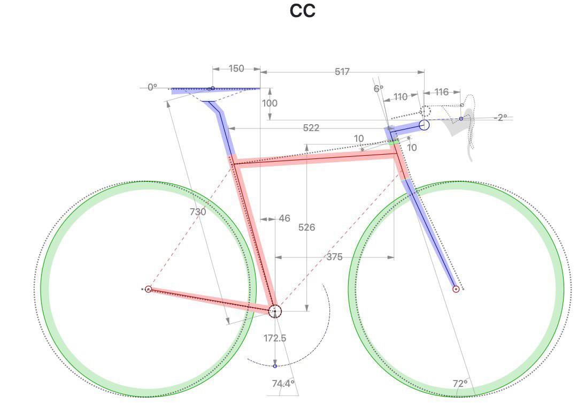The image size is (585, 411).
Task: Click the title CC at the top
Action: point(302,11)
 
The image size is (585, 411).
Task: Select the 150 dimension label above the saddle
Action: point(236,68)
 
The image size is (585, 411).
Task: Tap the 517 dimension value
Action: point(342,72)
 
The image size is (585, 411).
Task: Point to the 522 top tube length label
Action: point(311,128)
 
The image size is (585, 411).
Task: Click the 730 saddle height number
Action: point(198,212)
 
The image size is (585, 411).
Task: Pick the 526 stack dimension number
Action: point(307,227)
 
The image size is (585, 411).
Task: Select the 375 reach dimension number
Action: point(334,257)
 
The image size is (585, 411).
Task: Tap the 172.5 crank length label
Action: point(275,338)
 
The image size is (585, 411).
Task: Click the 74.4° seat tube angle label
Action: point(283,383)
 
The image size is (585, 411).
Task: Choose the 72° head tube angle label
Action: point(460,384)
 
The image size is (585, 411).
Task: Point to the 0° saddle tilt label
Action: point(152,87)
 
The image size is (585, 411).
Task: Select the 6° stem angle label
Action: point(378,89)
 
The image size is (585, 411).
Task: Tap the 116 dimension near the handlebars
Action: point(441,92)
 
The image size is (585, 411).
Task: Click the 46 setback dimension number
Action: point(284,218)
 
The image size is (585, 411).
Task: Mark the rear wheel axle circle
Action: point(149,289)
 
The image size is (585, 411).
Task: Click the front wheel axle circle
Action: point(456,289)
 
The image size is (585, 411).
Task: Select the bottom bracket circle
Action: point(275,311)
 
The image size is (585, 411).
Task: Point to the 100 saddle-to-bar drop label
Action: point(270,103)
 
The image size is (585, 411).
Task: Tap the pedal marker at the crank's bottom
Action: point(275,366)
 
